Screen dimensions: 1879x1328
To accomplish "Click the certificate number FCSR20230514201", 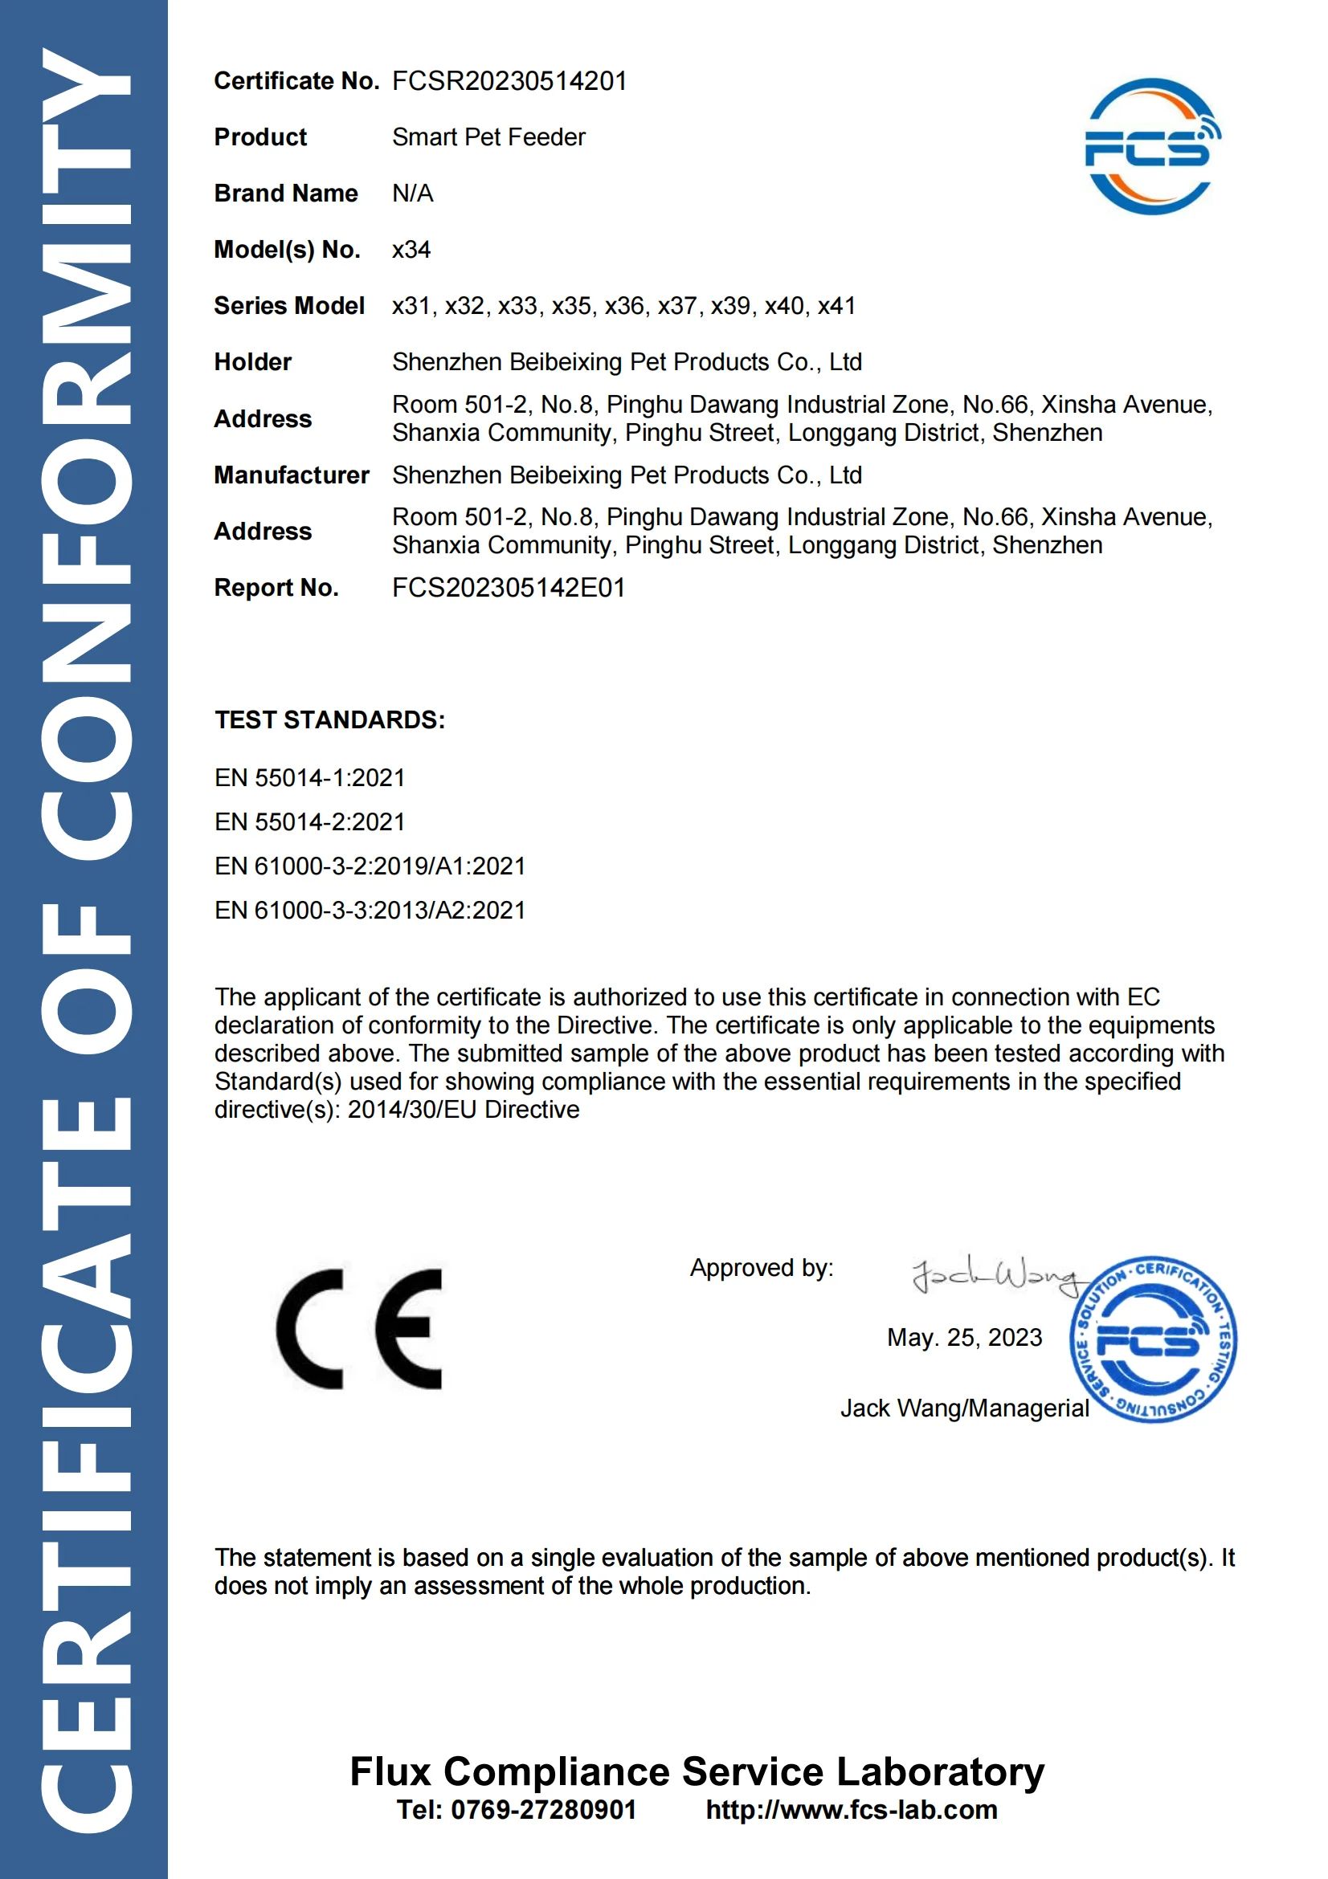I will (x=509, y=81).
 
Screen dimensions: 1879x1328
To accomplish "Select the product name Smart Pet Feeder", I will (x=488, y=137).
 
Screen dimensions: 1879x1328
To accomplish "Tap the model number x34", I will (x=411, y=250).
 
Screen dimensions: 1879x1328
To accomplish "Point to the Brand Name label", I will (x=286, y=194).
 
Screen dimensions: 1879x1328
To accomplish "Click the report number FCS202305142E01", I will (x=509, y=589).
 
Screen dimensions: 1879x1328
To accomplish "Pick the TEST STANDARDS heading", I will (x=330, y=720).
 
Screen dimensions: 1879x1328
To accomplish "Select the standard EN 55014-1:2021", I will (x=309, y=778).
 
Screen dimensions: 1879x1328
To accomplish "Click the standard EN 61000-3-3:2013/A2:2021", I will (x=370, y=911).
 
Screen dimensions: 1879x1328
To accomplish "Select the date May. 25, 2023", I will (x=965, y=1338).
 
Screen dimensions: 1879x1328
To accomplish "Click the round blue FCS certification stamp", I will (x=1153, y=1339).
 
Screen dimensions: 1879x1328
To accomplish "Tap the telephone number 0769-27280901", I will (x=544, y=1810).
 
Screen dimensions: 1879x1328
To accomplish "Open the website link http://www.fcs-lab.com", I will (x=852, y=1810).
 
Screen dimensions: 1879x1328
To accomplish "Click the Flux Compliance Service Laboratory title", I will (x=697, y=1771).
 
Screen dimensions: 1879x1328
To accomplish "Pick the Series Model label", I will (x=289, y=306).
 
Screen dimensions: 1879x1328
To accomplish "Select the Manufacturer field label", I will (x=292, y=475).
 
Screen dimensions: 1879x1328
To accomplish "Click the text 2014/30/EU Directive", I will (x=464, y=1110).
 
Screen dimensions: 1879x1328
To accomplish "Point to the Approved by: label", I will (x=762, y=1269).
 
